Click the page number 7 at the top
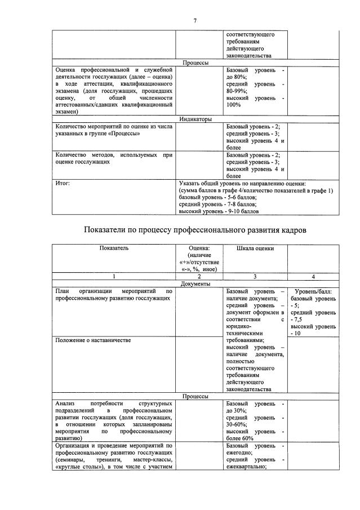pyautogui.click(x=195, y=21)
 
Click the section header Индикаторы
pyautogui.click(x=195, y=119)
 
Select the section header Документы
pyautogui.click(x=195, y=285)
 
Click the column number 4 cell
pyautogui.click(x=313, y=277)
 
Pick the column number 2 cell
pyautogui.click(x=199, y=277)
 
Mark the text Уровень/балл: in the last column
pyautogui.click(x=313, y=292)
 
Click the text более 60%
pyautogui.click(x=239, y=437)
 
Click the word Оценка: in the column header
pyautogui.click(x=199, y=247)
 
